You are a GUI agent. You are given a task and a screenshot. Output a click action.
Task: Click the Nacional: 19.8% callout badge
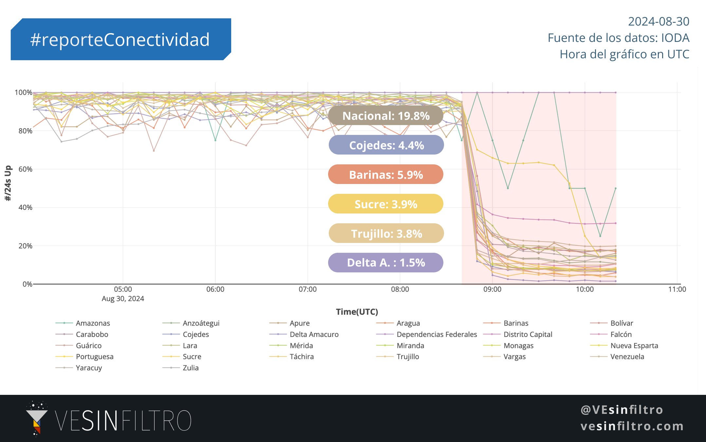pyautogui.click(x=386, y=116)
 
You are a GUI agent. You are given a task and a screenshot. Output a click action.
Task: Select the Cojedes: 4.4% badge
pyautogui.click(x=386, y=145)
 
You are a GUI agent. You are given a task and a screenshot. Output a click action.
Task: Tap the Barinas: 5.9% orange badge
pyautogui.click(x=386, y=175)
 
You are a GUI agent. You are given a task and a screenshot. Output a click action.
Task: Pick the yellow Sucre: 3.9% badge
pyautogui.click(x=386, y=204)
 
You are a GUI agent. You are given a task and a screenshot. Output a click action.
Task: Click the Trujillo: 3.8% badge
pyautogui.click(x=386, y=233)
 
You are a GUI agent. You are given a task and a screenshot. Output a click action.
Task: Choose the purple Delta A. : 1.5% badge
pyautogui.click(x=386, y=263)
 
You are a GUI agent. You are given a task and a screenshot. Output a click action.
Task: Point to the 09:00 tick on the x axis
pyautogui.click(x=492, y=289)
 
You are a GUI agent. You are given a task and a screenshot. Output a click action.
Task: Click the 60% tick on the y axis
pyautogui.click(x=25, y=169)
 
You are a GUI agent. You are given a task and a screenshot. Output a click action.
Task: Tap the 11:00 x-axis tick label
pyautogui.click(x=677, y=289)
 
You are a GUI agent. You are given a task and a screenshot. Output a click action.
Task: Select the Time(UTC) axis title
pyautogui.click(x=357, y=312)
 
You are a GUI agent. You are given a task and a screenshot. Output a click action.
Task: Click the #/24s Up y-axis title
pyautogui.click(x=8, y=183)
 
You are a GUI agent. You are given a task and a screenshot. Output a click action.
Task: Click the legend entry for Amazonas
pyautogui.click(x=93, y=323)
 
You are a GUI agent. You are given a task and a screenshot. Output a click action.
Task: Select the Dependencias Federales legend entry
pyautogui.click(x=437, y=334)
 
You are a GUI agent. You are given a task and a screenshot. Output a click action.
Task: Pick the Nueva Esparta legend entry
pyautogui.click(x=634, y=345)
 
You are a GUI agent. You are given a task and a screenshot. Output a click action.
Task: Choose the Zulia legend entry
pyautogui.click(x=190, y=368)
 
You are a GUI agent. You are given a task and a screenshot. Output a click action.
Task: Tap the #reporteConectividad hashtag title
pyautogui.click(x=120, y=39)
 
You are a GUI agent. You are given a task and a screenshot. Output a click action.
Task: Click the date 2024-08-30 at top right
pyautogui.click(x=658, y=21)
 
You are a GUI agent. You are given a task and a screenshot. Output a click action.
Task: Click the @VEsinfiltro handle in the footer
pyautogui.click(x=622, y=410)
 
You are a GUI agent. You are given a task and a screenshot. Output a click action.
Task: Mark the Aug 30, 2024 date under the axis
pyautogui.click(x=123, y=299)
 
